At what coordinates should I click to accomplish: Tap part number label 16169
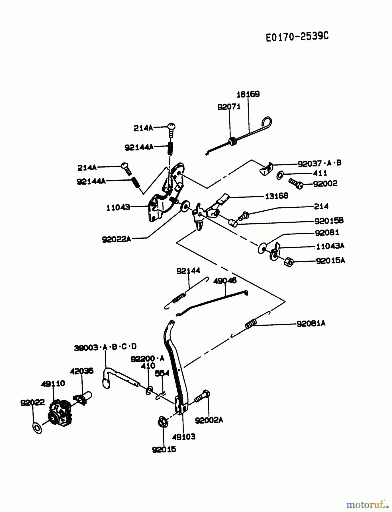click(248, 94)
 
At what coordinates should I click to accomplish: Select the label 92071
click(229, 107)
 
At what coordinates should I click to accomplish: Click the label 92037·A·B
click(319, 163)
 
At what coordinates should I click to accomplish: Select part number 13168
click(276, 196)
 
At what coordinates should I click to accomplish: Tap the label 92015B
click(329, 220)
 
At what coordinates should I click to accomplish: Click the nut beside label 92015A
click(289, 262)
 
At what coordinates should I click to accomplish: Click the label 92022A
click(116, 239)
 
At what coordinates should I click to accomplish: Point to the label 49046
click(225, 281)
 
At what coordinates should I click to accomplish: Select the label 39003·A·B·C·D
click(105, 347)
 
